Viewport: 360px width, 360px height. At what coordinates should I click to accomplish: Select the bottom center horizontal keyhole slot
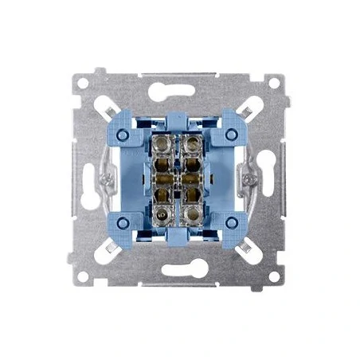180,271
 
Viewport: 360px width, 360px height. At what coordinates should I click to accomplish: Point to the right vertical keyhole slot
270,177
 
